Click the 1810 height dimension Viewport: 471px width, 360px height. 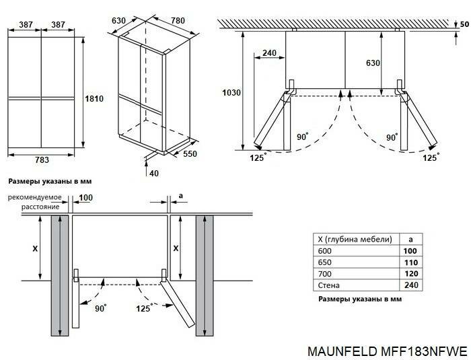(93, 98)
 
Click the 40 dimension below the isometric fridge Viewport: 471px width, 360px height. (154, 174)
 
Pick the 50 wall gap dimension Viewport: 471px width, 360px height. (464, 24)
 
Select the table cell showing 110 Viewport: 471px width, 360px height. (410, 262)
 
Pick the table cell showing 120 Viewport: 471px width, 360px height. (410, 274)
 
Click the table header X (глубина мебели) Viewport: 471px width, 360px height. (355, 239)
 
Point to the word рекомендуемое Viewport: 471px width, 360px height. (35, 197)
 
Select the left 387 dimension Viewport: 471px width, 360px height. (26, 24)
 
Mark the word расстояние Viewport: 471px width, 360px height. (39, 207)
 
